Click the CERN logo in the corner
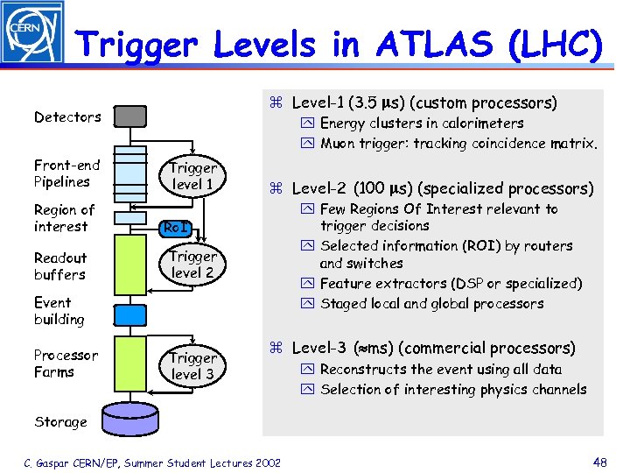pyautogui.click(x=32, y=32)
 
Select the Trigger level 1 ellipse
pyautogui.click(x=192, y=176)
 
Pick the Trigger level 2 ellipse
pyautogui.click(x=192, y=265)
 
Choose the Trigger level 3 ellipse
pyautogui.click(x=192, y=366)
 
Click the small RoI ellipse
pyautogui.click(x=176, y=229)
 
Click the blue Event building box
pyautogui.click(x=131, y=311)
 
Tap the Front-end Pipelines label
pyautogui.click(x=66, y=173)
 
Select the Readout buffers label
pyautogui.click(x=60, y=266)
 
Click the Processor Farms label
pyautogui.click(x=66, y=364)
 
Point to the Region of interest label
pyautogui.click(x=64, y=218)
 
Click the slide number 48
pyautogui.click(x=599, y=462)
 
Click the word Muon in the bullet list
pyautogui.click(x=339, y=144)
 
